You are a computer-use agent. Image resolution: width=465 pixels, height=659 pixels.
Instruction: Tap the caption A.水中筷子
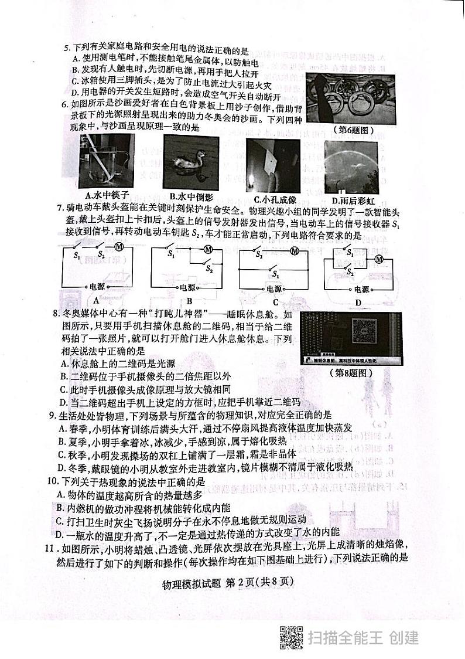(107, 195)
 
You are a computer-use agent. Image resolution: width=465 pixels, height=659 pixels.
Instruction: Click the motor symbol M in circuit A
(118, 246)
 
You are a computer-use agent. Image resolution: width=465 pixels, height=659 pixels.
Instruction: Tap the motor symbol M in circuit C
(295, 251)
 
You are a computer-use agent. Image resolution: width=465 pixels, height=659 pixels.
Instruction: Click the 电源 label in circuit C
(274, 289)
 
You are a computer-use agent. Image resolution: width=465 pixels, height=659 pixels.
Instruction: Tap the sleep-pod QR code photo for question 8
(351, 338)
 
